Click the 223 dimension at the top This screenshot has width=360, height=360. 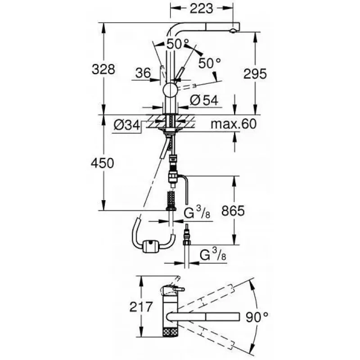click(202, 9)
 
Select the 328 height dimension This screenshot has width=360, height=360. click(103, 69)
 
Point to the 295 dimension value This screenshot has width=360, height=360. click(255, 74)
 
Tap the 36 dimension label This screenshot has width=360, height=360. click(143, 73)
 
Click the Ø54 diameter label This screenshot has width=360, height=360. click(204, 100)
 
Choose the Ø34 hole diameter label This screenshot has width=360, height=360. click(127, 126)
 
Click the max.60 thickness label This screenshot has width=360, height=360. click(234, 124)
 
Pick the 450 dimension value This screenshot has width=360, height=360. click(103, 163)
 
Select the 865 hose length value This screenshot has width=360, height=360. click(233, 211)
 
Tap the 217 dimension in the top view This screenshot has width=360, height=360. click(141, 306)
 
